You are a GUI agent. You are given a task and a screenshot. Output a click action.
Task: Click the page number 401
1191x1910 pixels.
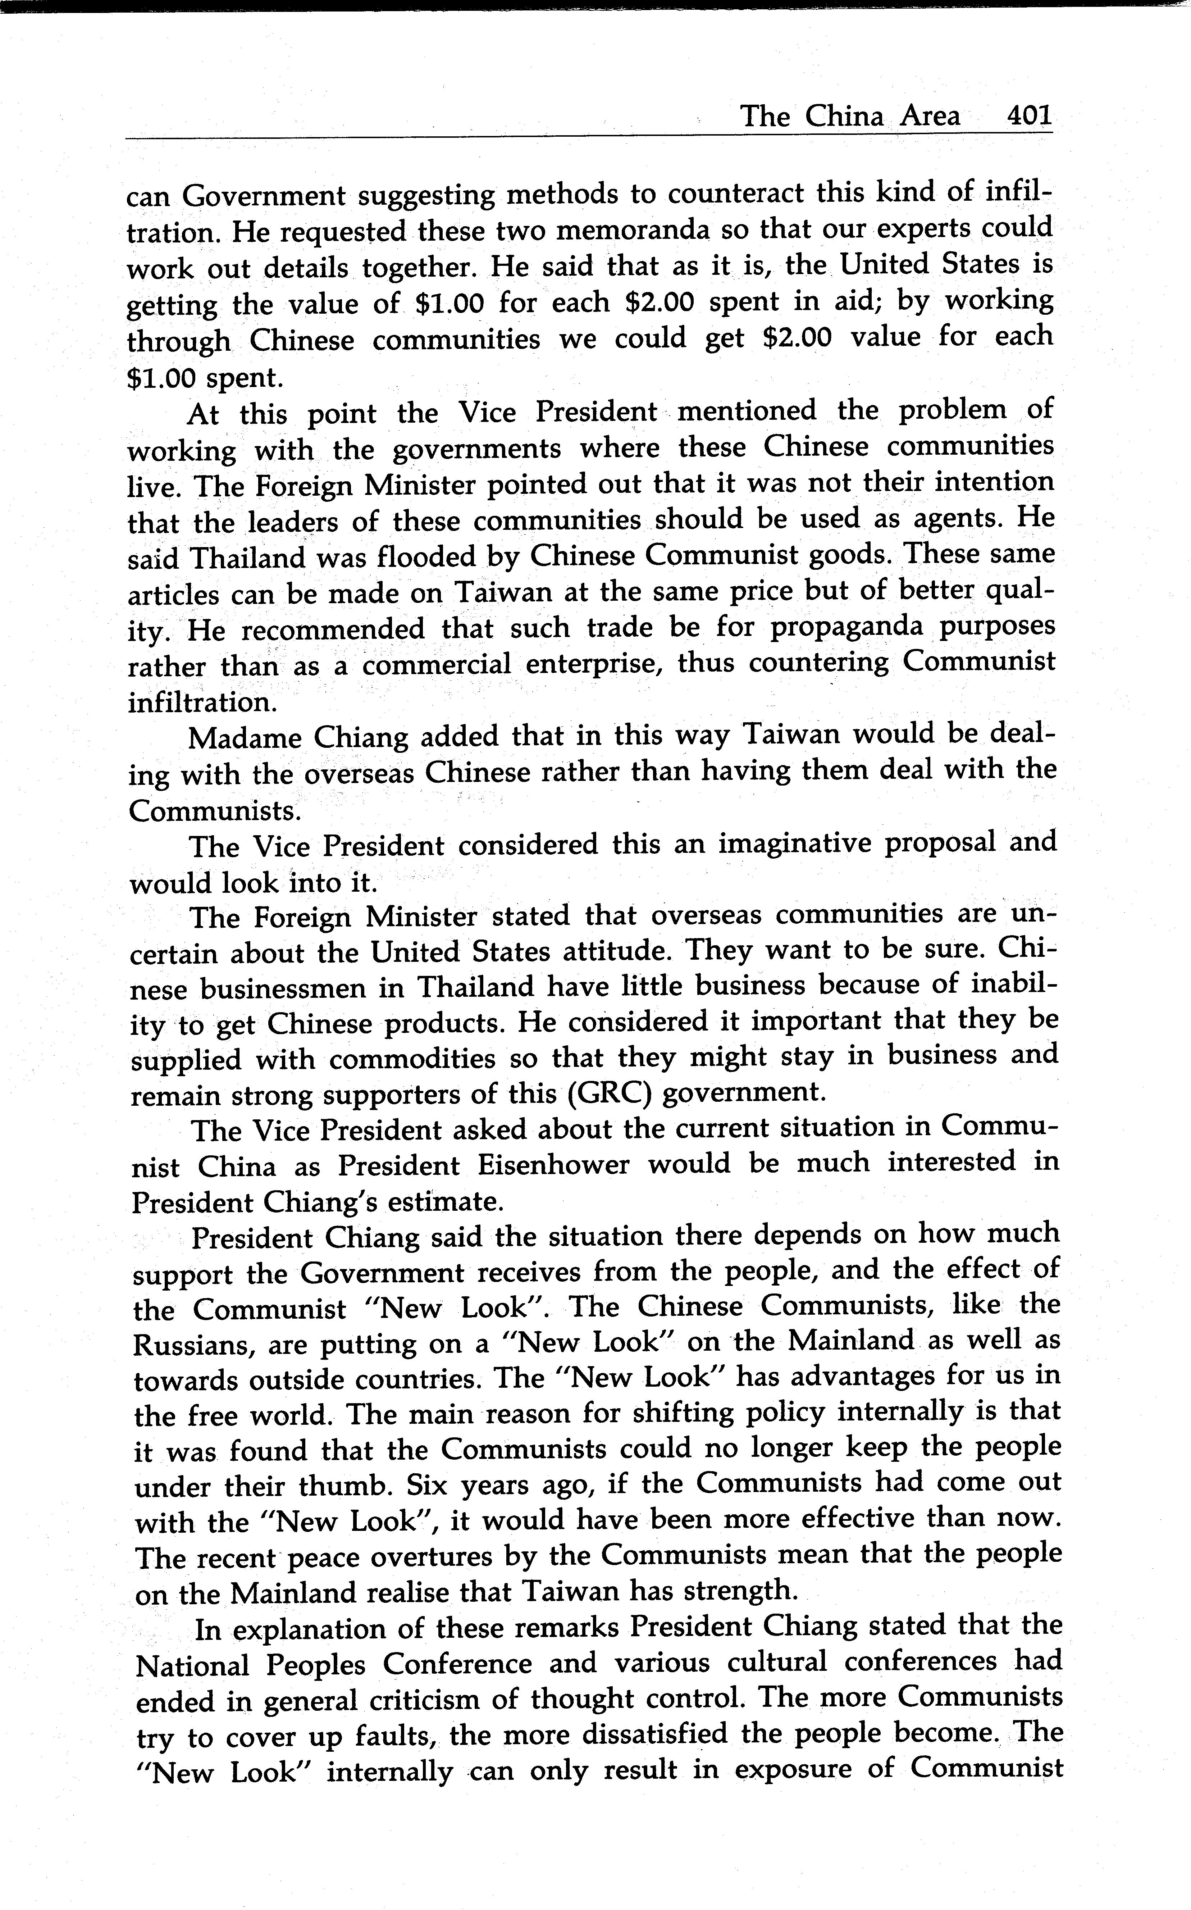point(1028,117)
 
